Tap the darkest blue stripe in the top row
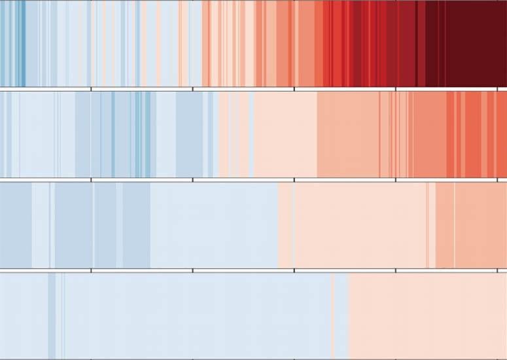(22, 43)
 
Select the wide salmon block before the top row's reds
(306, 43)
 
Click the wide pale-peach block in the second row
(285, 134)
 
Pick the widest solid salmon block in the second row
(347, 134)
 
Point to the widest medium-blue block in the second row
(189, 134)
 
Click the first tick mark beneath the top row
(91, 88)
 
